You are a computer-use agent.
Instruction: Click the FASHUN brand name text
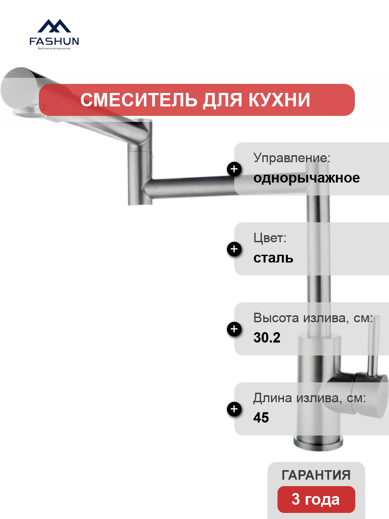click(54, 41)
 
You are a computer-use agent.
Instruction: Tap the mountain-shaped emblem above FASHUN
click(54, 26)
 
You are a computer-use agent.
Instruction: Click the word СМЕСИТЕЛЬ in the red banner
click(139, 100)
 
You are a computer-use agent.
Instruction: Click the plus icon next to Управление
click(234, 169)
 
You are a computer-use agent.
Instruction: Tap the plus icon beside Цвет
click(234, 249)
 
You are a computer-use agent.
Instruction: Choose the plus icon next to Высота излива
click(234, 329)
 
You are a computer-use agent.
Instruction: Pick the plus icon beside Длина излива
click(234, 409)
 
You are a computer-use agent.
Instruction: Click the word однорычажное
click(306, 178)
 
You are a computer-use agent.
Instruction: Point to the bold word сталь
click(273, 258)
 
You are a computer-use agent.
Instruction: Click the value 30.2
click(267, 337)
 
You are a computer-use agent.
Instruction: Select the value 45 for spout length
click(261, 417)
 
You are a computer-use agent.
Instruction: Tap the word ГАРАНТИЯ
click(316, 475)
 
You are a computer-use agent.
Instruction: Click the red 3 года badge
click(316, 500)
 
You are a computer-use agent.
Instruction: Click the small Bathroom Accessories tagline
click(54, 48)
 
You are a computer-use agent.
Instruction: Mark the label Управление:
click(292, 158)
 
